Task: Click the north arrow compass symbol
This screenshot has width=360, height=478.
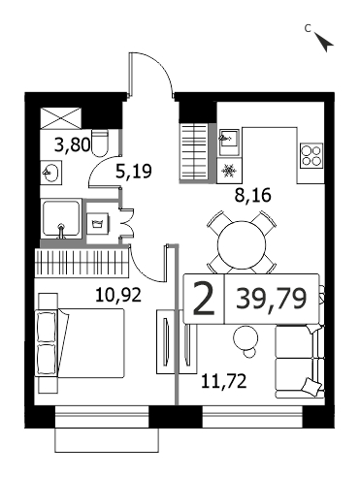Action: click(x=324, y=42)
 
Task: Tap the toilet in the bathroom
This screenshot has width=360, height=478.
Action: click(x=100, y=143)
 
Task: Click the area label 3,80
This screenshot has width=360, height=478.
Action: click(x=73, y=144)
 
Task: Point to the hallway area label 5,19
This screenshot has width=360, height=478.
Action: click(x=134, y=171)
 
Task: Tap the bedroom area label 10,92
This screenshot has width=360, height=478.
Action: click(x=118, y=295)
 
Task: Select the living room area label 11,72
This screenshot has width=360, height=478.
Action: click(x=224, y=381)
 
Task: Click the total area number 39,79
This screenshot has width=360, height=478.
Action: click(x=271, y=299)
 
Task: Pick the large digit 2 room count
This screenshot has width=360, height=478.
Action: click(x=204, y=298)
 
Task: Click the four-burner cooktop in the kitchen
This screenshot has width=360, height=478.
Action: click(x=311, y=156)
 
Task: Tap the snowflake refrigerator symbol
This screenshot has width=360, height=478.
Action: click(x=229, y=171)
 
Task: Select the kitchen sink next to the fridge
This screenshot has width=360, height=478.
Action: click(x=229, y=143)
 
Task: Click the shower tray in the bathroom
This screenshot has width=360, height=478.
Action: click(x=61, y=218)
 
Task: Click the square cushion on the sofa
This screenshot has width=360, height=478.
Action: click(x=311, y=386)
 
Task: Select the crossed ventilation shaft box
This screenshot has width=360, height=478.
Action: click(x=61, y=118)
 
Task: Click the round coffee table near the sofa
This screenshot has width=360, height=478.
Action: click(x=245, y=338)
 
